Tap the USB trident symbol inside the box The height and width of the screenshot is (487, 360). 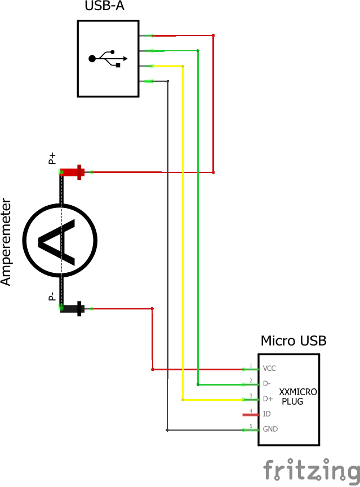click(x=108, y=59)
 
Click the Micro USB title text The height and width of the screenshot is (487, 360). click(x=293, y=341)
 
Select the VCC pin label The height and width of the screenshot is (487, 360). click(x=269, y=368)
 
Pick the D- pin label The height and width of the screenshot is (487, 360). click(x=267, y=383)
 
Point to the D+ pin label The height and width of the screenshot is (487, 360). click(x=268, y=399)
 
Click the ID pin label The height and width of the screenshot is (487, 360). click(x=266, y=414)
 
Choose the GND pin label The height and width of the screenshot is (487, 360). click(x=270, y=429)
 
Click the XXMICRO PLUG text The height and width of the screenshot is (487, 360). click(x=297, y=397)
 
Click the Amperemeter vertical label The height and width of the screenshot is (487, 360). click(x=6, y=242)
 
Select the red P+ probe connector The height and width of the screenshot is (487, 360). click(x=72, y=171)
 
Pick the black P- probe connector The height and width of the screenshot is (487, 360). click(x=72, y=308)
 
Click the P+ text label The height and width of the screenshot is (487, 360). click(x=52, y=158)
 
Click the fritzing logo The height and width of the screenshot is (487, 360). click(x=312, y=470)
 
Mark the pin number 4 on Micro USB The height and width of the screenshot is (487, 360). click(x=251, y=410)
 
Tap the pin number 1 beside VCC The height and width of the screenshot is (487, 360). click(x=251, y=365)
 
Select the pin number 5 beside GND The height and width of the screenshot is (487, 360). click(x=251, y=426)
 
